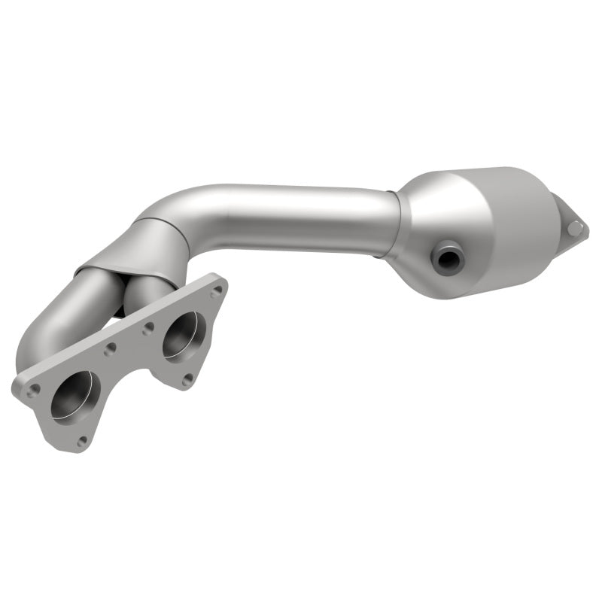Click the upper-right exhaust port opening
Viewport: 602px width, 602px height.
click(x=183, y=333)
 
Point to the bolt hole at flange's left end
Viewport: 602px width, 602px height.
click(x=33, y=390)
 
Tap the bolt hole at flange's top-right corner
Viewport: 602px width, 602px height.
click(x=216, y=290)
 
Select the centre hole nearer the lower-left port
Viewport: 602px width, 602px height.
click(x=111, y=349)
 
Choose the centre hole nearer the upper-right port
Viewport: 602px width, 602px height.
click(x=148, y=327)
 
